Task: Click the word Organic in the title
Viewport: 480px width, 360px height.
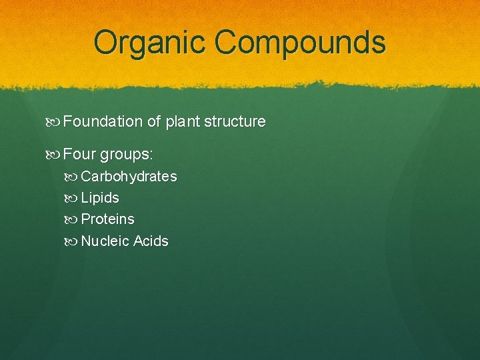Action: point(150,43)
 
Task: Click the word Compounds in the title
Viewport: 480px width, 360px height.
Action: point(300,43)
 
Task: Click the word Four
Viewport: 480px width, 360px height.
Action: point(79,155)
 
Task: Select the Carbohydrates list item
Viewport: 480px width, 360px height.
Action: point(129,177)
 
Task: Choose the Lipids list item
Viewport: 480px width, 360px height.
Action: point(100,198)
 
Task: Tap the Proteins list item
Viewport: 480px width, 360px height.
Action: point(107,219)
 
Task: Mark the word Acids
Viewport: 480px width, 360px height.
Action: point(151,241)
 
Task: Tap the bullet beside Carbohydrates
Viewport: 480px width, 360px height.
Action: point(73,177)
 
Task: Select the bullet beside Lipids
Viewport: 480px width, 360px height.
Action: point(73,198)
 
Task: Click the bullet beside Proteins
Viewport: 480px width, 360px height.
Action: point(73,219)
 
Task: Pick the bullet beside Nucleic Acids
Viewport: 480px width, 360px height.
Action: point(73,241)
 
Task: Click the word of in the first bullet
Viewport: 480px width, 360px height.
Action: point(153,122)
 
